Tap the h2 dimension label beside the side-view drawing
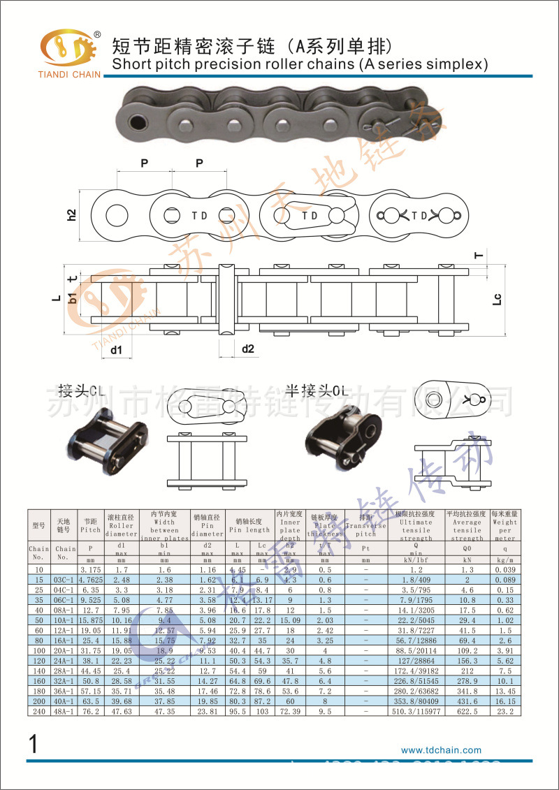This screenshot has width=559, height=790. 71,215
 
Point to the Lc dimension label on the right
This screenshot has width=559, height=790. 497,300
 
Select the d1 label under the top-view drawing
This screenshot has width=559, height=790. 117,349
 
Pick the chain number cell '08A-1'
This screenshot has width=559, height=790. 65,610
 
